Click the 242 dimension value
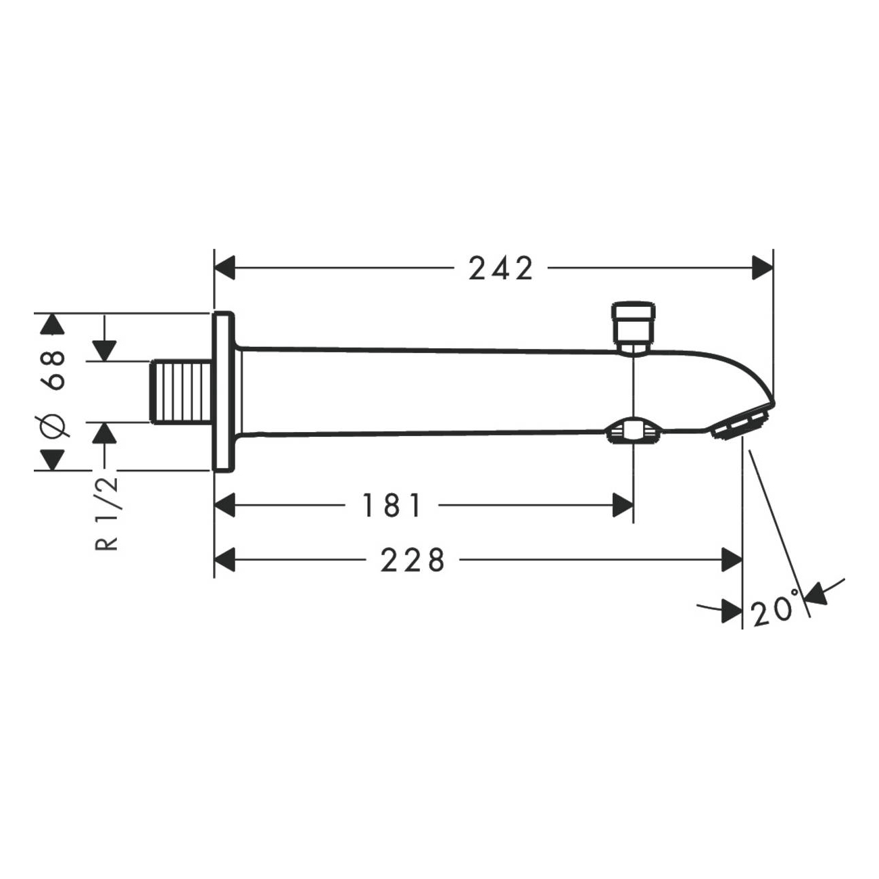tap(500, 268)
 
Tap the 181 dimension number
tap(391, 505)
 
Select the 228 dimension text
tap(412, 560)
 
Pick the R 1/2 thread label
tap(107, 515)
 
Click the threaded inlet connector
tap(181, 392)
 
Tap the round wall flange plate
tap(224, 392)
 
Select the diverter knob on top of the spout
tap(634, 327)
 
